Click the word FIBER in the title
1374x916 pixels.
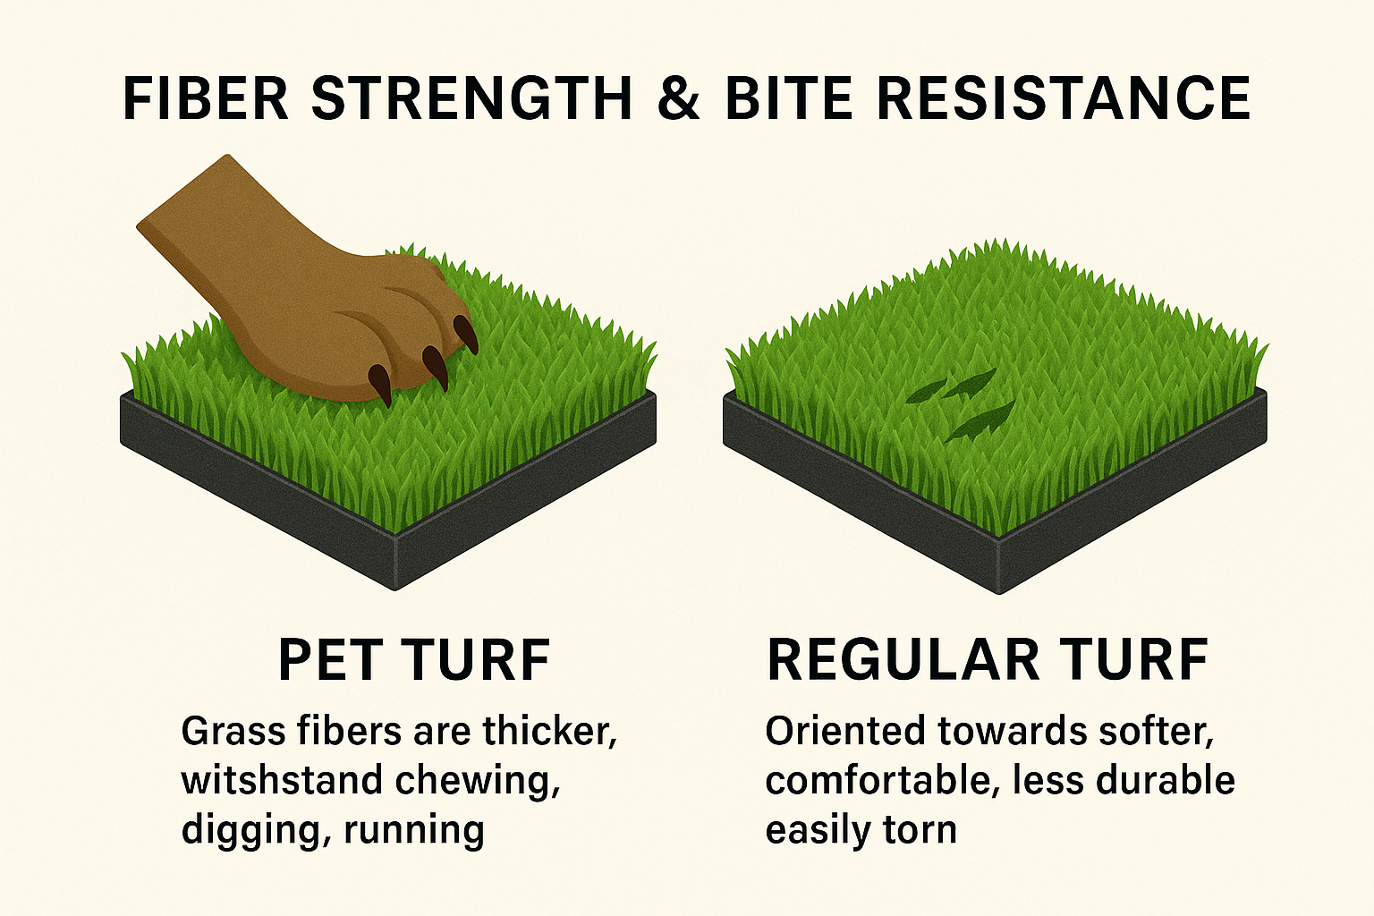coord(206,98)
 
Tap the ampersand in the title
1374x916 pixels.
coord(678,98)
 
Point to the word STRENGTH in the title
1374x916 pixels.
coord(472,98)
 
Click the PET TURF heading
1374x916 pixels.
coord(414,660)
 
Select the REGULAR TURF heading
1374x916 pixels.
coord(988,660)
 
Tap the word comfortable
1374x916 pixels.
coord(878,781)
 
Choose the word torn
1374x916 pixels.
coord(920,830)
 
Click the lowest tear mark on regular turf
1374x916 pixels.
coord(980,422)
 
